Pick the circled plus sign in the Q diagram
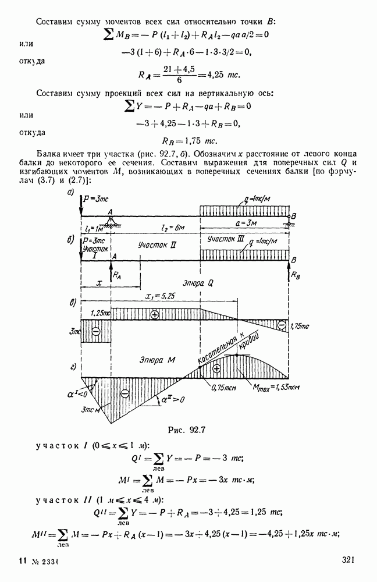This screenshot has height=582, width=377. click(x=154, y=314)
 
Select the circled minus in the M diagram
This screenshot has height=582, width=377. click(x=124, y=393)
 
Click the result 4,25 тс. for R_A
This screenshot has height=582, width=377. click(x=216, y=75)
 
